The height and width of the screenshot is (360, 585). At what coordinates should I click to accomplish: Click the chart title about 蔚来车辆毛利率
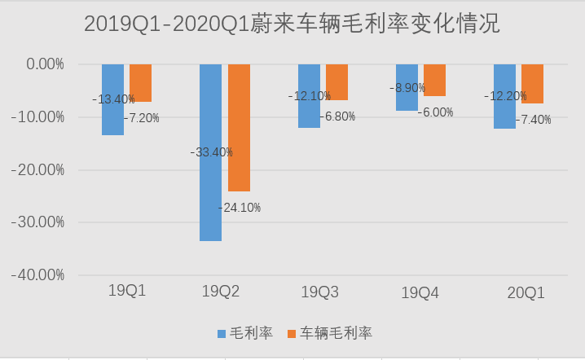coord(292,24)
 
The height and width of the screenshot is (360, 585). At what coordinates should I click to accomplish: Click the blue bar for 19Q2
coord(210,195)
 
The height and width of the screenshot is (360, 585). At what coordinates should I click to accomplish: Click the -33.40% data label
coord(212,151)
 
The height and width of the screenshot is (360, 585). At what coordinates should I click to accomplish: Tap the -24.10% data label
coord(240,208)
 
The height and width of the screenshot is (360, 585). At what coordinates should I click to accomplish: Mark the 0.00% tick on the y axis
coord(41,64)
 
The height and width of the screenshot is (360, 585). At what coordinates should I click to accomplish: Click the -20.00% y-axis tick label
coord(37,169)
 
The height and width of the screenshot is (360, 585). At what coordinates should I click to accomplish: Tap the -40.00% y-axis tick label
coord(37,275)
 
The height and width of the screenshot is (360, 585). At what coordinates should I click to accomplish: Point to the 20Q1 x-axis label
coord(526,292)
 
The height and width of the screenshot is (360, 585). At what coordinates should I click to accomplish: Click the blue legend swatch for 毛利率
coord(221,334)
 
